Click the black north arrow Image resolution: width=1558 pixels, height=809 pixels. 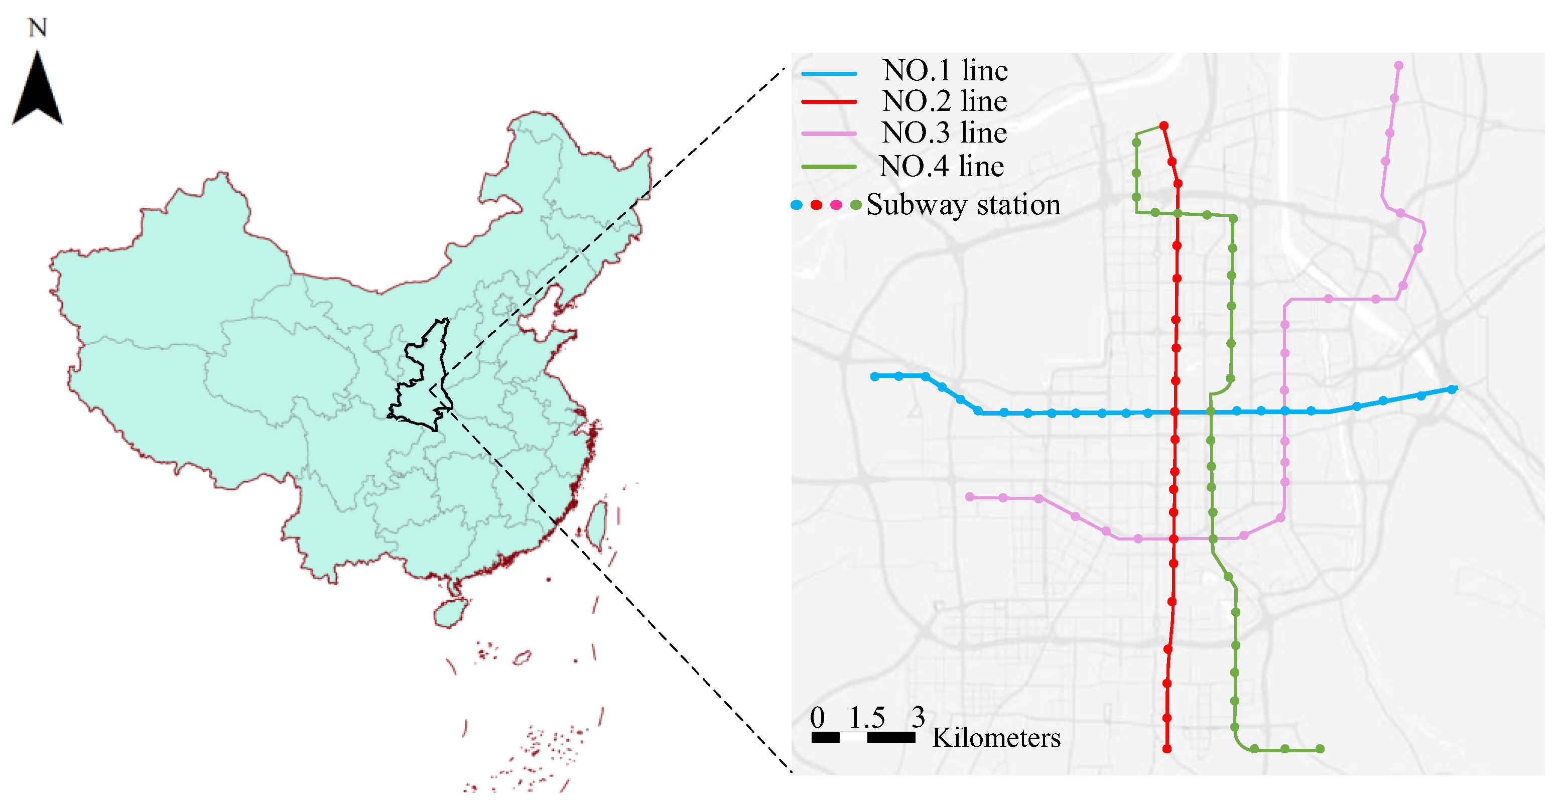[x=38, y=91]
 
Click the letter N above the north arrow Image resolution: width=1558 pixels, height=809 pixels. [x=38, y=28]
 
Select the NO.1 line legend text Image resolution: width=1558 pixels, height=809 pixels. [x=945, y=71]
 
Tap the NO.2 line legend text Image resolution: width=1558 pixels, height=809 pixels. [x=945, y=101]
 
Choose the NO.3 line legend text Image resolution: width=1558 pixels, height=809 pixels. [x=945, y=133]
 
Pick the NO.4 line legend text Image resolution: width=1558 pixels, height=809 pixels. [x=942, y=166]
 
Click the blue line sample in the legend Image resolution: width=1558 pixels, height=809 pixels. [x=829, y=73]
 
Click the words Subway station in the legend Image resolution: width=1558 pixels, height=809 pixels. [x=964, y=205]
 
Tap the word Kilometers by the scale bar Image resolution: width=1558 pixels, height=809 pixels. [x=996, y=738]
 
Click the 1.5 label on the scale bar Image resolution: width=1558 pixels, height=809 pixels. [x=867, y=718]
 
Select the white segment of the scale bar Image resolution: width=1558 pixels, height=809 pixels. [x=853, y=738]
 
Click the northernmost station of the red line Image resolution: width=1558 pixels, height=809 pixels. [x=1163, y=126]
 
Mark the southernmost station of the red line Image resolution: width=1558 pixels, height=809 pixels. [x=1166, y=749]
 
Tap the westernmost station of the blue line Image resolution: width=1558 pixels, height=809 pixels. [x=874, y=377]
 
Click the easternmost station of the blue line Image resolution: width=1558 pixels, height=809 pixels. [x=1452, y=390]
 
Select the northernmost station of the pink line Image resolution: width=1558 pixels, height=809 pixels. [x=1399, y=65]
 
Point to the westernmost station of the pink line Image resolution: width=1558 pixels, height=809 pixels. [x=970, y=497]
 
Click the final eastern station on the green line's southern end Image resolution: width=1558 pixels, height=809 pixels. [x=1320, y=749]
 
